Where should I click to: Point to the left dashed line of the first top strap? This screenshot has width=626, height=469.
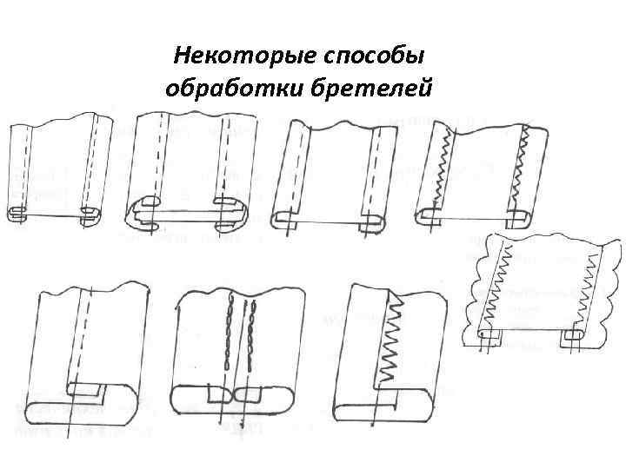(x=29, y=169)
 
